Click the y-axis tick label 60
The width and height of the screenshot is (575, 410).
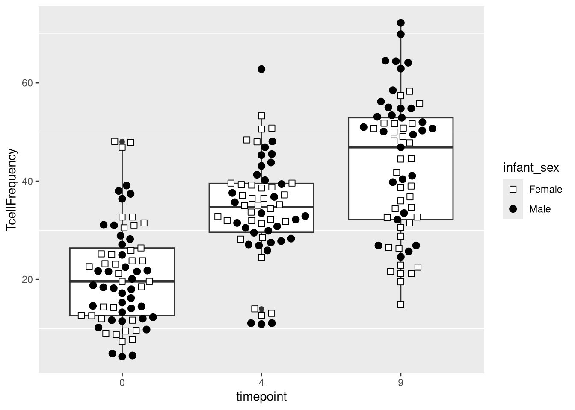(27, 83)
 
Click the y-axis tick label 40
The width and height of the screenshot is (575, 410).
(27, 181)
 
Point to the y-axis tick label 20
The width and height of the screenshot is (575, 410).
(27, 279)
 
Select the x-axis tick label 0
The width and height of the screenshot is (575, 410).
(122, 383)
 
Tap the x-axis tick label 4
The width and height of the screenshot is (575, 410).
(261, 383)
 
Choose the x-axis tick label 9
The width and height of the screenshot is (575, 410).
(401, 383)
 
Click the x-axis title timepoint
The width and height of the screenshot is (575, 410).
(261, 397)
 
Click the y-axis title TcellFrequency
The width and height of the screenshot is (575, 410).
(12, 190)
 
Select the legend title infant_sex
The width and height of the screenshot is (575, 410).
(531, 168)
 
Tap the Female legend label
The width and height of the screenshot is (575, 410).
(545, 189)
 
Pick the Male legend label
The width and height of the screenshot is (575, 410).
(540, 209)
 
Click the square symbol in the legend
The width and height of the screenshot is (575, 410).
(513, 189)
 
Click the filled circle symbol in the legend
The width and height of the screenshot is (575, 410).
(513, 209)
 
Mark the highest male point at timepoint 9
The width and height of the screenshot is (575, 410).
(401, 23)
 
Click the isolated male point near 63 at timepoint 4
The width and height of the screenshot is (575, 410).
(261, 69)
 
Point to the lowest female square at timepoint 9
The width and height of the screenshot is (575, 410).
(401, 305)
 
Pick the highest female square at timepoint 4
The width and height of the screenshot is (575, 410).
(261, 116)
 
